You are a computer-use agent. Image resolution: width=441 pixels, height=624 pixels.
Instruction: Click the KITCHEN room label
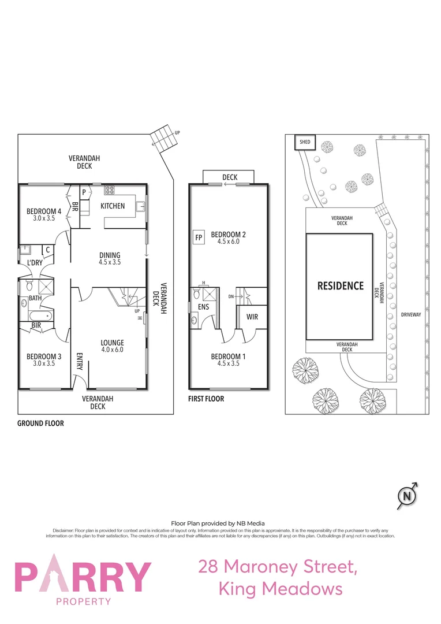pyautogui.click(x=113, y=206)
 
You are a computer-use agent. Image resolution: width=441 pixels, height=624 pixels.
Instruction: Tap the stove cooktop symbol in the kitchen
pyautogui.click(x=110, y=191)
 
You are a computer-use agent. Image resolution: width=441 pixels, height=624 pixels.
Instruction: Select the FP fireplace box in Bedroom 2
pyautogui.click(x=199, y=237)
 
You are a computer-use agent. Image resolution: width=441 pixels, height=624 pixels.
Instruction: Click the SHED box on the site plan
pyautogui.click(x=304, y=142)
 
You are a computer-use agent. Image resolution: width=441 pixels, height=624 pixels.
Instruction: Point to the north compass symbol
pyautogui.click(x=408, y=496)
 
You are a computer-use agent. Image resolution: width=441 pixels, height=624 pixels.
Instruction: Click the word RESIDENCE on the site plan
pyautogui.click(x=341, y=285)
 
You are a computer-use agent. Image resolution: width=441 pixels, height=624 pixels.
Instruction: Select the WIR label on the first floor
pyautogui.click(x=252, y=317)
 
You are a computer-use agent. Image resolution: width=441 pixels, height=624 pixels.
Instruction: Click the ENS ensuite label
pyautogui.click(x=203, y=307)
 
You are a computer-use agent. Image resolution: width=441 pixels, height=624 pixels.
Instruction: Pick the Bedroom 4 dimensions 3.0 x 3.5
pyautogui.click(x=43, y=218)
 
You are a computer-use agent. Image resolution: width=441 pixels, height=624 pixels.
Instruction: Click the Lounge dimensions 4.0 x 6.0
pyautogui.click(x=112, y=350)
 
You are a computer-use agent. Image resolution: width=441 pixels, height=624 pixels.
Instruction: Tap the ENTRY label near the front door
pyautogui.click(x=80, y=361)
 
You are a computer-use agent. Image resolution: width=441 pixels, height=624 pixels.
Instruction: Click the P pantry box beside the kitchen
pyautogui.click(x=84, y=192)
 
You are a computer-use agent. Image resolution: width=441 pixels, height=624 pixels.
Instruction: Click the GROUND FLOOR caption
pyautogui.click(x=40, y=423)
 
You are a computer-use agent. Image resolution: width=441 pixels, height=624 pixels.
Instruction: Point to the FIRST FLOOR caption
pyautogui.click(x=206, y=399)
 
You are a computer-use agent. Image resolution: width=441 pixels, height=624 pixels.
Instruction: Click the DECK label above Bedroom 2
pyautogui.click(x=230, y=177)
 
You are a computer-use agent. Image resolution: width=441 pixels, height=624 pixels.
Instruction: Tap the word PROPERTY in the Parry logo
pyautogui.click(x=84, y=601)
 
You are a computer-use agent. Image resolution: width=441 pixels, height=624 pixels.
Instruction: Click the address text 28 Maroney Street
pyautogui.click(x=278, y=566)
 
